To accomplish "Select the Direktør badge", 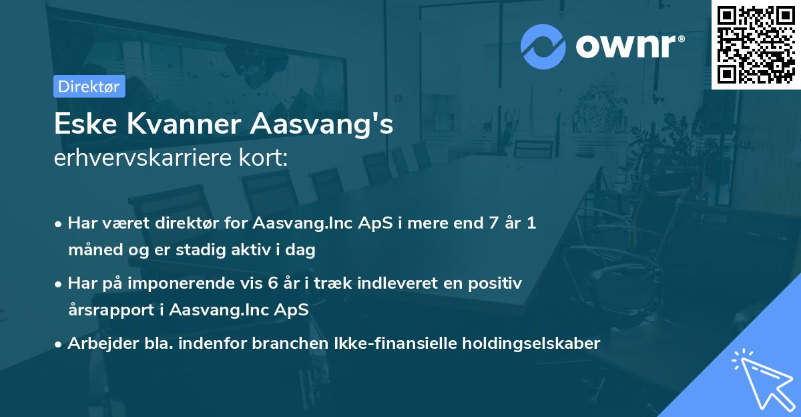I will click(x=89, y=86).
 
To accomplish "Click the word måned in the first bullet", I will click(x=91, y=251).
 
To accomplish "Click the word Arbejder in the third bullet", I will click(x=98, y=343).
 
